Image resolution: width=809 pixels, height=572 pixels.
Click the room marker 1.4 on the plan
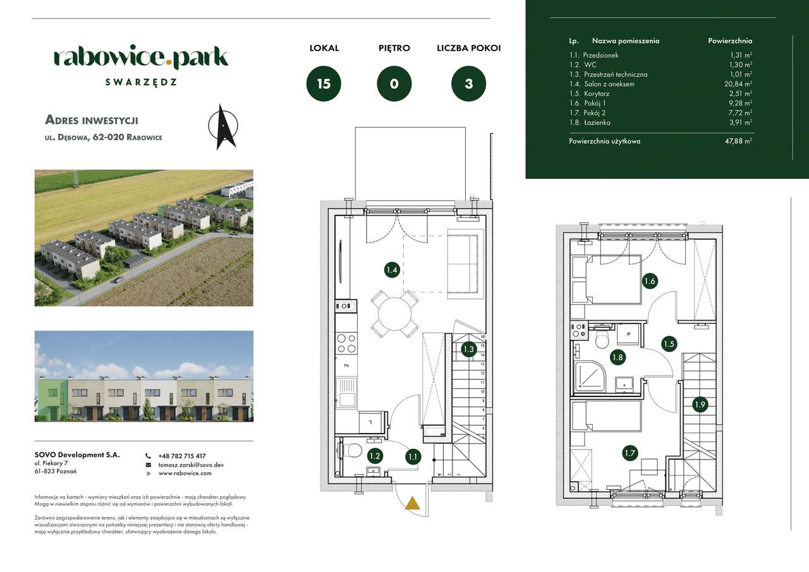[x=391, y=271]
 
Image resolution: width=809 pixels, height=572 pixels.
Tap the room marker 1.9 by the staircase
[x=699, y=405]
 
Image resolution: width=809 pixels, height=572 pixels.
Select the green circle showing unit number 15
[x=324, y=84]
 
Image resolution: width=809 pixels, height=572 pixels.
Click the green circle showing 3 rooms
[x=468, y=84]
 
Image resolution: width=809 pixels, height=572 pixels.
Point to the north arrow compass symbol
[x=223, y=126]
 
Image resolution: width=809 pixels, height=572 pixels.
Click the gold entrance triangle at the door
[x=412, y=503]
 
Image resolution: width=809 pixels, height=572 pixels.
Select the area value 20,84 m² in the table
[x=739, y=84]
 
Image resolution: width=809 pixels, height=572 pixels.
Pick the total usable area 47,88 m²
[x=738, y=142]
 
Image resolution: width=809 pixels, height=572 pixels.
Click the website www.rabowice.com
[x=185, y=473]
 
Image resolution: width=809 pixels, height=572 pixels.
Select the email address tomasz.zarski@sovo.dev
[x=191, y=465]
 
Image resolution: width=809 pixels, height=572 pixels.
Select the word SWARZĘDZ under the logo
[x=141, y=82]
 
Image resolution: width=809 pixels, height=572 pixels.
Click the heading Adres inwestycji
[x=92, y=120]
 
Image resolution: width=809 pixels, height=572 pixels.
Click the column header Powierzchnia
[x=730, y=40]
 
